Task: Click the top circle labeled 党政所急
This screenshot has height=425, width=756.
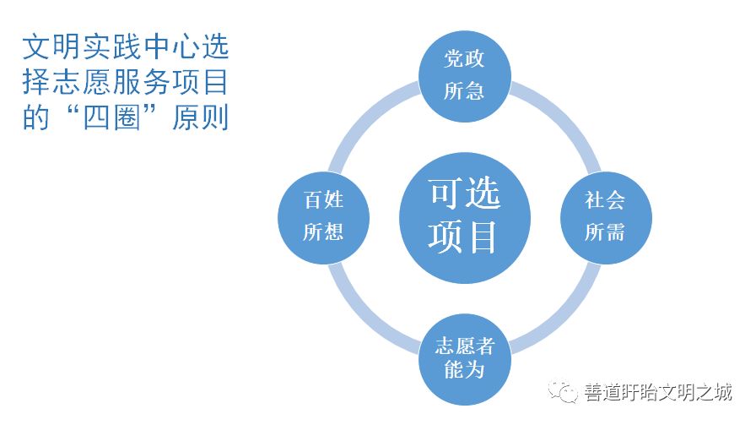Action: pyautogui.click(x=464, y=76)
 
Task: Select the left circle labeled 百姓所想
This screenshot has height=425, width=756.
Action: pyautogui.click(x=323, y=218)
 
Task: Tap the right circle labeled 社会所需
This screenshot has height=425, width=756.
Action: pyautogui.click(x=606, y=218)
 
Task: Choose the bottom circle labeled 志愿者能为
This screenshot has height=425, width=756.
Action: pyautogui.click(x=464, y=359)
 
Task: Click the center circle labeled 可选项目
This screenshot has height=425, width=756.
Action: pyautogui.click(x=464, y=218)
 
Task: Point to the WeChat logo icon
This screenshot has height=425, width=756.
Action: pyautogui.click(x=562, y=390)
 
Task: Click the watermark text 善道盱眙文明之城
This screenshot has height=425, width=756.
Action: pyautogui.click(x=658, y=392)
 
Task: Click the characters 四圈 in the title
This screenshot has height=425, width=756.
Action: pyautogui.click(x=111, y=117)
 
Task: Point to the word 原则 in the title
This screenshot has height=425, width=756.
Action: pyautogui.click(x=200, y=117)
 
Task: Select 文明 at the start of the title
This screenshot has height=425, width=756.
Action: pyautogui.click(x=51, y=46)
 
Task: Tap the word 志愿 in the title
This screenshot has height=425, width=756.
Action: pyautogui.click(x=82, y=82)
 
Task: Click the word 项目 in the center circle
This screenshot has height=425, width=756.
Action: pyautogui.click(x=462, y=237)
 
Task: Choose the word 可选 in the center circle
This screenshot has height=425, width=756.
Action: pyautogui.click(x=465, y=193)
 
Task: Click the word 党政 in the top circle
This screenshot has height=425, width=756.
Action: pyautogui.click(x=464, y=59)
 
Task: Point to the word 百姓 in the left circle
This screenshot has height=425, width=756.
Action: pyautogui.click(x=323, y=200)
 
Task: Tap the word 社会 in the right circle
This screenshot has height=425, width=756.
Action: pyautogui.click(x=605, y=200)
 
